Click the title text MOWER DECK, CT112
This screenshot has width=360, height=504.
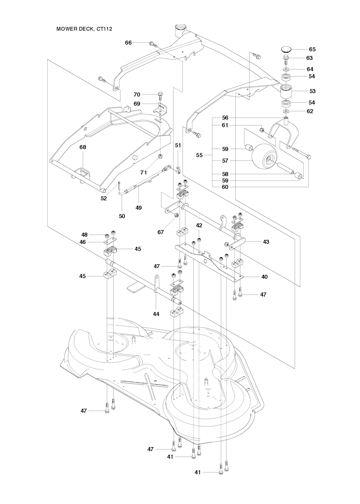[84, 29]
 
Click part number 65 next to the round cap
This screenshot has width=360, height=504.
[312, 50]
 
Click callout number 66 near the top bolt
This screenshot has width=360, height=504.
[128, 42]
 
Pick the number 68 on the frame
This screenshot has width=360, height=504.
[83, 148]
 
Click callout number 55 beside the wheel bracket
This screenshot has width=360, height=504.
[199, 155]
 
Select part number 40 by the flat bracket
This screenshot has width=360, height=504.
[264, 277]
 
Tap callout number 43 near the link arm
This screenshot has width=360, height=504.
[266, 242]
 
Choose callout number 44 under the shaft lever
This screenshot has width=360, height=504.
[156, 314]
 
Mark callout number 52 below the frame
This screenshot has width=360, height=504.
[103, 198]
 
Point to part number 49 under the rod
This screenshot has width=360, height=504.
[139, 208]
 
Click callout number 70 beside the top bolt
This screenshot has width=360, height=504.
[137, 94]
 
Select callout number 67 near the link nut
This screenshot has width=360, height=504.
[161, 233]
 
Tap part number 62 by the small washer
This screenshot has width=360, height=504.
[310, 111]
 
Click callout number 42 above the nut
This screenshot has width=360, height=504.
[199, 225]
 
